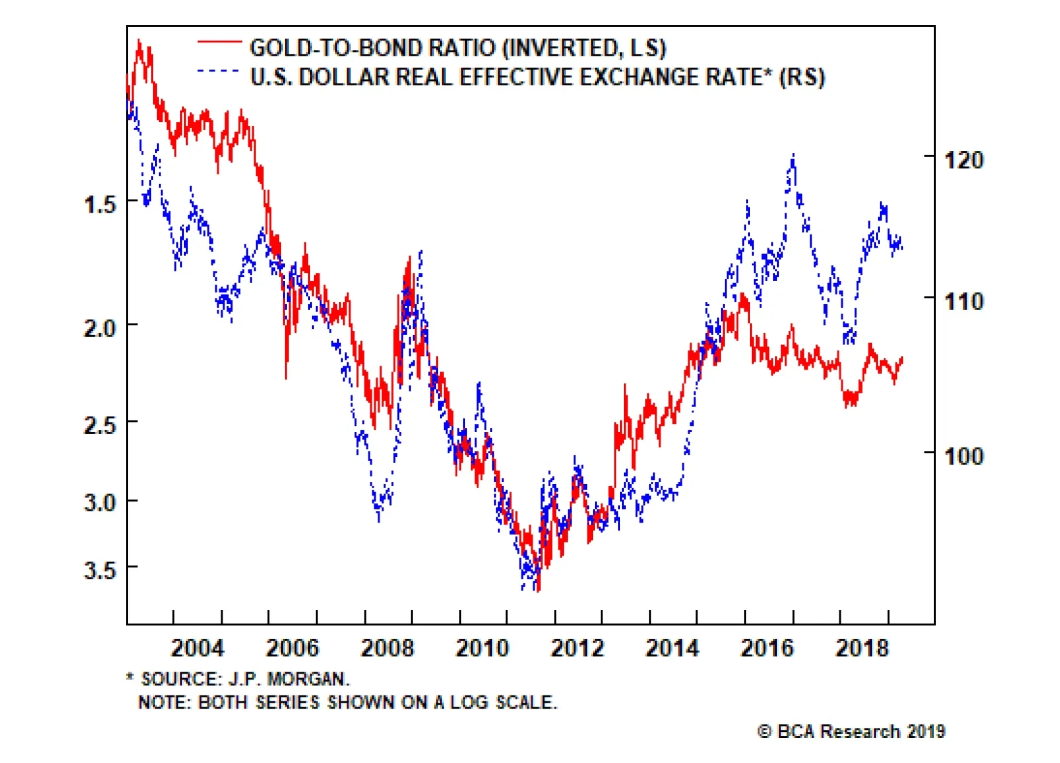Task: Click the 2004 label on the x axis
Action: coord(197,648)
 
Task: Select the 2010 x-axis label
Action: coord(482,648)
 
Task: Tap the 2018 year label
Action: coord(862,648)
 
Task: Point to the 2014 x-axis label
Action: coord(672,648)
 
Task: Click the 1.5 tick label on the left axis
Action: coord(100,204)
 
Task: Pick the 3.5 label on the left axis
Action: coord(100,570)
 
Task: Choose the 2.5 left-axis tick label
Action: coord(100,425)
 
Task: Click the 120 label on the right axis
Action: coord(964,160)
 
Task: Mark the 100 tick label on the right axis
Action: coord(964,456)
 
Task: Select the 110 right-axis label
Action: coord(964,302)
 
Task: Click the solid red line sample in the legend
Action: coord(219,42)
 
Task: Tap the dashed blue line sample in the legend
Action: coord(219,71)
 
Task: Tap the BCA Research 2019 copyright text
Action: coord(851,731)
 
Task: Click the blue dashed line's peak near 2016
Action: coord(793,156)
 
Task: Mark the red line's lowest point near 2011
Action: coord(538,590)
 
